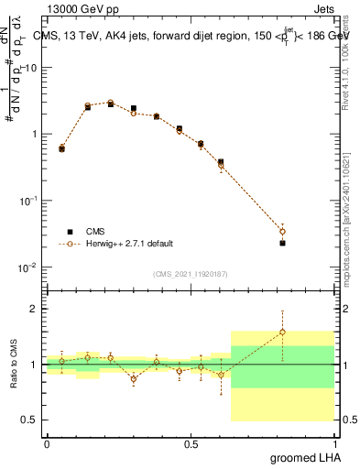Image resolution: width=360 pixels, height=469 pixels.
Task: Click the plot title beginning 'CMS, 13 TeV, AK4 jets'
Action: point(191,36)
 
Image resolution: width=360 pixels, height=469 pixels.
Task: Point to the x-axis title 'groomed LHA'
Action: point(306,457)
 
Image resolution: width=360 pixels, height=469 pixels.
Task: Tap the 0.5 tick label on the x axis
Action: point(191,443)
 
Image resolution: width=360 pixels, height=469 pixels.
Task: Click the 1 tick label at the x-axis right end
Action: point(336,443)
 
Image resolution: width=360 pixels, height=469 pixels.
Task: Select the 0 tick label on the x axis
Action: point(47,443)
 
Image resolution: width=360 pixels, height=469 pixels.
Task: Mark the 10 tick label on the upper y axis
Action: point(31,68)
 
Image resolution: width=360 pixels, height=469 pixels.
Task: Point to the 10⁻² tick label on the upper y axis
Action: point(29,267)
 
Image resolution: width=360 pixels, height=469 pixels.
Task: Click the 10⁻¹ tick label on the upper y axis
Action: point(29,201)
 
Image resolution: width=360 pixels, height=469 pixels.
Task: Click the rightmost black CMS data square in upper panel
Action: point(282,243)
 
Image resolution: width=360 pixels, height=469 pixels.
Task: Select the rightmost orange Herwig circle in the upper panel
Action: point(282,232)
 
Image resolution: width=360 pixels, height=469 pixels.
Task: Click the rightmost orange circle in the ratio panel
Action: point(282,333)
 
